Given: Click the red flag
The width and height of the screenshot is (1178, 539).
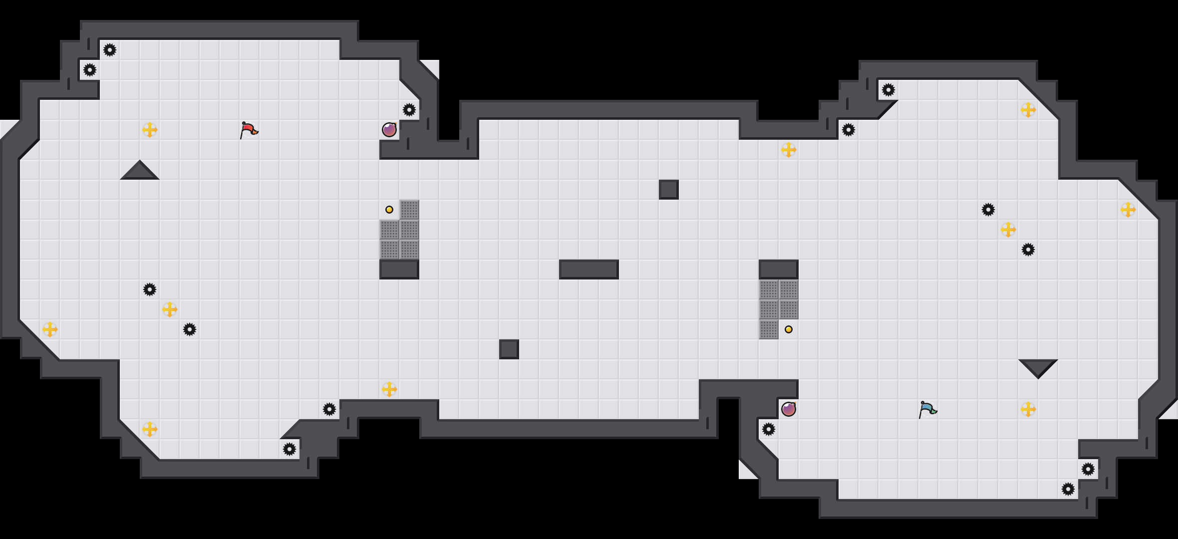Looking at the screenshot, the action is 249,130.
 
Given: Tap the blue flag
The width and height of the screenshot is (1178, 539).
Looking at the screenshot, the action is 927,409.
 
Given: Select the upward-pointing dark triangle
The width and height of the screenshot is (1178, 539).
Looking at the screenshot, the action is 140,171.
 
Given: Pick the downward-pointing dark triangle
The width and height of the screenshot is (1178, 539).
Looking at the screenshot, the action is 1038,367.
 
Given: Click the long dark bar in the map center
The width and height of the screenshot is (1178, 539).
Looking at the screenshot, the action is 589,269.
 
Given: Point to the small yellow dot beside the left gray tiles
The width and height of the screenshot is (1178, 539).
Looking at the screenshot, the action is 389,210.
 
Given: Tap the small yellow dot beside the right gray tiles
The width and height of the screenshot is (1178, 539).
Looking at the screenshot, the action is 789,329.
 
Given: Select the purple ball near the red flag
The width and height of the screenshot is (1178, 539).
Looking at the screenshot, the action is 389,130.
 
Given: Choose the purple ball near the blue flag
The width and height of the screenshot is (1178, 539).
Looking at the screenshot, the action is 789,409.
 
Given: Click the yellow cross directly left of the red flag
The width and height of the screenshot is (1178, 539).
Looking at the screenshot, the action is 150,130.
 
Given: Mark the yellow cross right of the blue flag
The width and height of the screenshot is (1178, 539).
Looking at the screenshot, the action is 1028,409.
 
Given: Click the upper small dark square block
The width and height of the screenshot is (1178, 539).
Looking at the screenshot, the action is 669,190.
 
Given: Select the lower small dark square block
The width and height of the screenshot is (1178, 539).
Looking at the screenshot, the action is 509,349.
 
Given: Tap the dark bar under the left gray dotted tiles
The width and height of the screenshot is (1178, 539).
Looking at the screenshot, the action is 399,269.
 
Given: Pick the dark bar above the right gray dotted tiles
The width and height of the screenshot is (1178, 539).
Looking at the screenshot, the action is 779,269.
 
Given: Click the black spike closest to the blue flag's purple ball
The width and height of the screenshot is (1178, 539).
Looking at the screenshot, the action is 769,429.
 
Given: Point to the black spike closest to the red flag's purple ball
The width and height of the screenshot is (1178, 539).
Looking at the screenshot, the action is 409,110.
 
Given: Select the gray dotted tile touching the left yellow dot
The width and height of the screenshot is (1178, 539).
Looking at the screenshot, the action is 409,210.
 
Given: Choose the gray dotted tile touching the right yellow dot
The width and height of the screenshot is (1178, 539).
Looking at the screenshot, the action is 769,329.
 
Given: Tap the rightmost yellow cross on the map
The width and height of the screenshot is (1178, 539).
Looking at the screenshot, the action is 1128,210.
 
